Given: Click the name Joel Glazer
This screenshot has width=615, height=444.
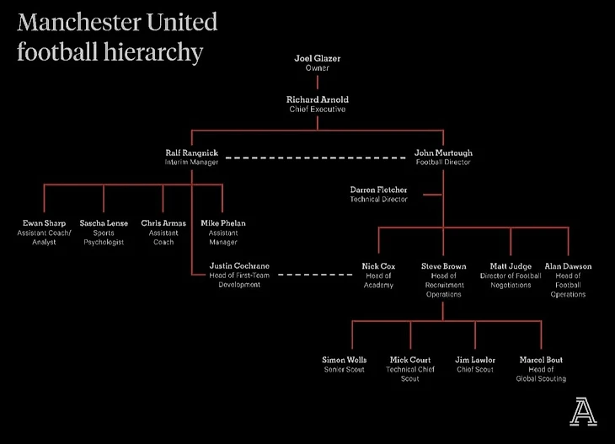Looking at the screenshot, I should [x=317, y=59].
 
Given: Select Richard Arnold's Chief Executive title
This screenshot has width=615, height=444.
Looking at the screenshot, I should [x=317, y=109].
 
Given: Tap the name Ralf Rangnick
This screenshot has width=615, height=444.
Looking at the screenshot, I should [x=191, y=152].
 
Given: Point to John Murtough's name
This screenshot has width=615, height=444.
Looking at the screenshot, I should [x=443, y=152].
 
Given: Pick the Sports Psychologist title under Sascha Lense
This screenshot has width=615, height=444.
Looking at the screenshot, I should [x=104, y=238].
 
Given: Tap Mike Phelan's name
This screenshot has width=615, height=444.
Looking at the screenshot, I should [x=222, y=223].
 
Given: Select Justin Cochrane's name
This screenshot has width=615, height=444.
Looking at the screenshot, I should [x=240, y=266].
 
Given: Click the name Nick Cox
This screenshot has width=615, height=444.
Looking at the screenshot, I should [x=378, y=266].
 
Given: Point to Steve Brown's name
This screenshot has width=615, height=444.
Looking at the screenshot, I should [x=443, y=266].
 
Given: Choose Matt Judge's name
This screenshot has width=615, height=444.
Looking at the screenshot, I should [x=510, y=266].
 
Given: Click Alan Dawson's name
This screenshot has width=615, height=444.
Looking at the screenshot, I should [x=568, y=266].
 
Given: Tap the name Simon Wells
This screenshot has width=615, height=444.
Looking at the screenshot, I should [x=345, y=360].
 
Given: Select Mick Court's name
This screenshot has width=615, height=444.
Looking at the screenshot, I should [x=409, y=360].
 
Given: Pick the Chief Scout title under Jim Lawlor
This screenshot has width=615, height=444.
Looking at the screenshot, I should [x=475, y=369].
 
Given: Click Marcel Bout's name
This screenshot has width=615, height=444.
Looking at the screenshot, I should [x=541, y=360].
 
